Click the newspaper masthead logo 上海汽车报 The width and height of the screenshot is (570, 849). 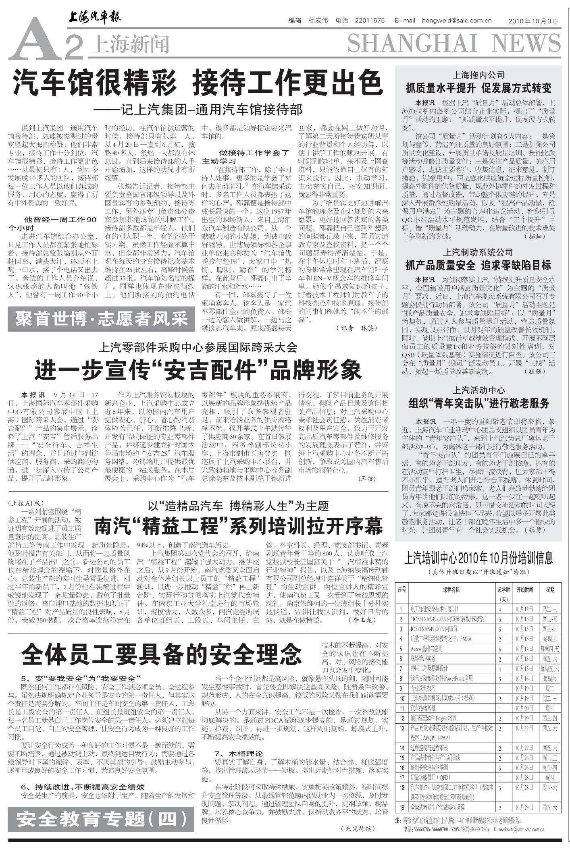tap(94, 18)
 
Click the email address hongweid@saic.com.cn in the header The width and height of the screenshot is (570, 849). tap(457, 21)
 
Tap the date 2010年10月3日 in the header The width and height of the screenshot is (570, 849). tap(533, 21)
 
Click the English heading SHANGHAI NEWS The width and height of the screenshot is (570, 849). tap(454, 44)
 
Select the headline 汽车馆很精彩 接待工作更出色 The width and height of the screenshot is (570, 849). tap(198, 82)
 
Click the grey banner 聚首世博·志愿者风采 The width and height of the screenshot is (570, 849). tap(101, 319)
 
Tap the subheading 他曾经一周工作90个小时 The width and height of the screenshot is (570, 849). tap(52, 223)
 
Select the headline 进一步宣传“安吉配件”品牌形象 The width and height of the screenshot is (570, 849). tap(198, 370)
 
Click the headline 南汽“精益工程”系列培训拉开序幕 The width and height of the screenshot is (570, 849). tap(238, 525)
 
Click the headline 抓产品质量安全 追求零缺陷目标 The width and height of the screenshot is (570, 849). tap(478, 265)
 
